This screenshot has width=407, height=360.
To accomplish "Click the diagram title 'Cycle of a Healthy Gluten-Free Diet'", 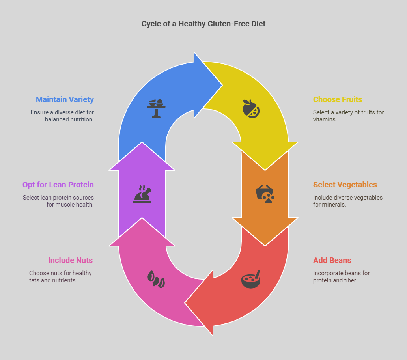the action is (x=203, y=24).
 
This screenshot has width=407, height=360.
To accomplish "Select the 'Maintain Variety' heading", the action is (x=65, y=99).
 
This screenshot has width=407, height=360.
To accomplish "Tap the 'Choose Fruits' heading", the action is (x=338, y=99).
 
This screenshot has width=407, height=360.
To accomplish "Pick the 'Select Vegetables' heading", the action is (x=345, y=185).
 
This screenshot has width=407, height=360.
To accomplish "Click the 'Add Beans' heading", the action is (x=332, y=260).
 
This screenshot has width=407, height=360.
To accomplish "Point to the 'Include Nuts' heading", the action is (x=70, y=260).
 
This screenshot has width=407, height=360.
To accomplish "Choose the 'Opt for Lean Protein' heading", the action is (x=58, y=185).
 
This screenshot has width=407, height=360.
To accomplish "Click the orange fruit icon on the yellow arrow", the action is (x=251, y=109).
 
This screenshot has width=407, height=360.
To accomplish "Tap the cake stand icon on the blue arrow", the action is (x=156, y=109).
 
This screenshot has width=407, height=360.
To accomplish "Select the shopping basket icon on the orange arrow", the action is (x=265, y=194).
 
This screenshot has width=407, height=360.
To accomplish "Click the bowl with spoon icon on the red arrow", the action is (x=251, y=279).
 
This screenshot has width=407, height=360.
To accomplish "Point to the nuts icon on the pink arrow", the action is (x=156, y=279).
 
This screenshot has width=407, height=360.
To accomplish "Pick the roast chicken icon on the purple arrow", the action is (x=142, y=194).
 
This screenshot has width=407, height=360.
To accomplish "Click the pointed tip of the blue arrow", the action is (x=222, y=85).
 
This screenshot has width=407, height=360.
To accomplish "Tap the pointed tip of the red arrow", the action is (x=185, y=303).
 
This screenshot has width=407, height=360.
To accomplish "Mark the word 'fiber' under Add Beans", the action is (x=350, y=281).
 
